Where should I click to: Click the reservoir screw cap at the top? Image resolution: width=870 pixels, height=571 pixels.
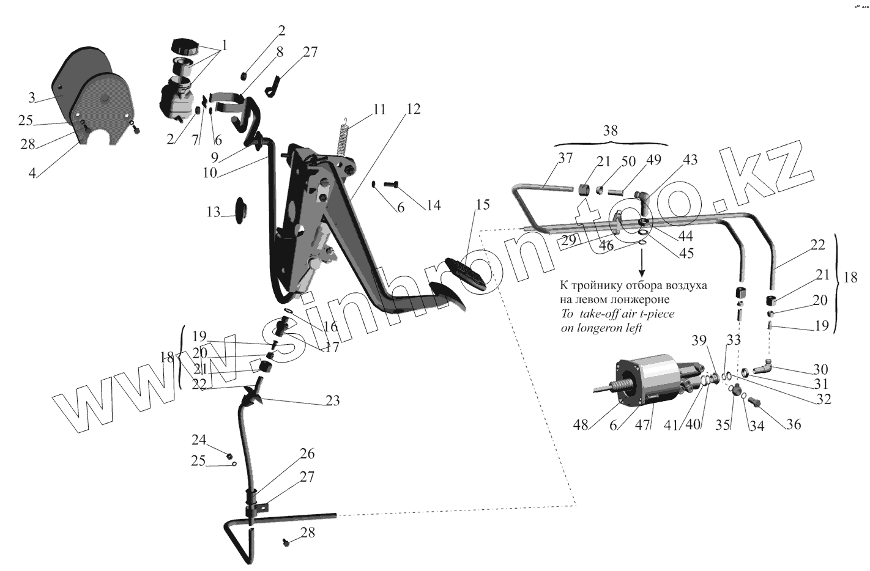tap(183, 46)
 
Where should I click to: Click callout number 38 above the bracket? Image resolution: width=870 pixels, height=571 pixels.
tap(610, 130)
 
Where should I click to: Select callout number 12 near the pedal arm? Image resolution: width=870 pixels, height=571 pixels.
tap(413, 109)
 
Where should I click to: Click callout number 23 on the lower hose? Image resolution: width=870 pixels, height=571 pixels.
tap(332, 400)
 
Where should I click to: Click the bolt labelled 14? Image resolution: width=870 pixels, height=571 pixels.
tap(390, 183)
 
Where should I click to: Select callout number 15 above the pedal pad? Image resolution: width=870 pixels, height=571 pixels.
tap(482, 205)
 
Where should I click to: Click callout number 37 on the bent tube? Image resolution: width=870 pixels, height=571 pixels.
tap(565, 159)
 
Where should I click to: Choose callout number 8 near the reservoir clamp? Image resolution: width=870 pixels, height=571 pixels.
tap(280, 53)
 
